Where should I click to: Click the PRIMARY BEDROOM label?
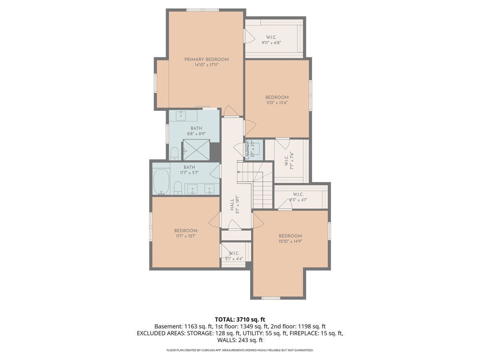point(206,59)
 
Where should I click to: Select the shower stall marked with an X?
point(196,150)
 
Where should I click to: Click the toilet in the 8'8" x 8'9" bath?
point(174,153)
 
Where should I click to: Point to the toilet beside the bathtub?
point(178,187)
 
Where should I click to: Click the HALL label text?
point(232,206)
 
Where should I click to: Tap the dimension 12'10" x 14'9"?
point(290,242)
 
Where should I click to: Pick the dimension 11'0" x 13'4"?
point(277,103)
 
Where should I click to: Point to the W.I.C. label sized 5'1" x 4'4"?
point(234,253)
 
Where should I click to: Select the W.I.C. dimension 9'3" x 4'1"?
point(298,200)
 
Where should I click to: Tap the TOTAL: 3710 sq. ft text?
point(240,319)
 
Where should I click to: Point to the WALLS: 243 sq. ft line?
point(240,340)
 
